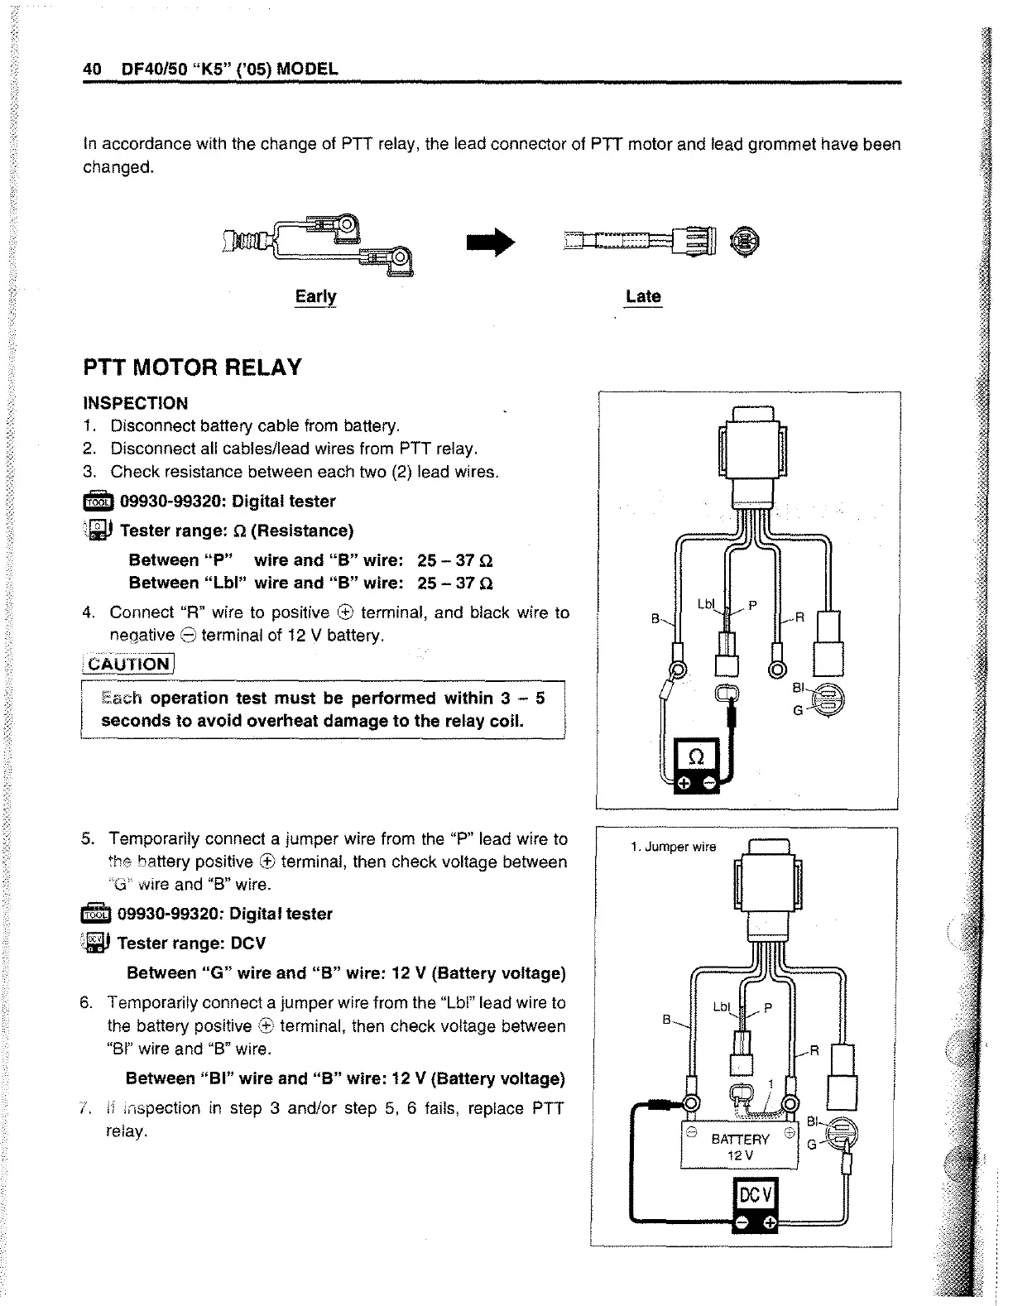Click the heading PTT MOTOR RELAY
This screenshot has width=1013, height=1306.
192,367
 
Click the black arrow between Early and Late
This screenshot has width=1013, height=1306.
491,242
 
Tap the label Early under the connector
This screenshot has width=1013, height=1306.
315,296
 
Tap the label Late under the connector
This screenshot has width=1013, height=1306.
643,296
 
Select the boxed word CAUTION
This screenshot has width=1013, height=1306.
128,665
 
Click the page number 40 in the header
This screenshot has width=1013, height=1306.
91,69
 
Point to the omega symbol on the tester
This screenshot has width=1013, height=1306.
695,756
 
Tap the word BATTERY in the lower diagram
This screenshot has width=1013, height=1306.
741,1139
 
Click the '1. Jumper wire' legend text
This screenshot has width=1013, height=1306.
672,847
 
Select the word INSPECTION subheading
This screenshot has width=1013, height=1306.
136,403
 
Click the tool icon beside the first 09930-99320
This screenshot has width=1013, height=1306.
97,502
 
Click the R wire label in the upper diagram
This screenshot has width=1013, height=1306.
799,616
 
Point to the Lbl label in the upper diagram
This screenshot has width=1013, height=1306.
706,605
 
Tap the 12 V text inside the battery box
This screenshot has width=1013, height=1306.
740,1155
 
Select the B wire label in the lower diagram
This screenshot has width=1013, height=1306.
666,1020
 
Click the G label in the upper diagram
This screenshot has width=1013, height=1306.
797,710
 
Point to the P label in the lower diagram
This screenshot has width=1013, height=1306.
767,1008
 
